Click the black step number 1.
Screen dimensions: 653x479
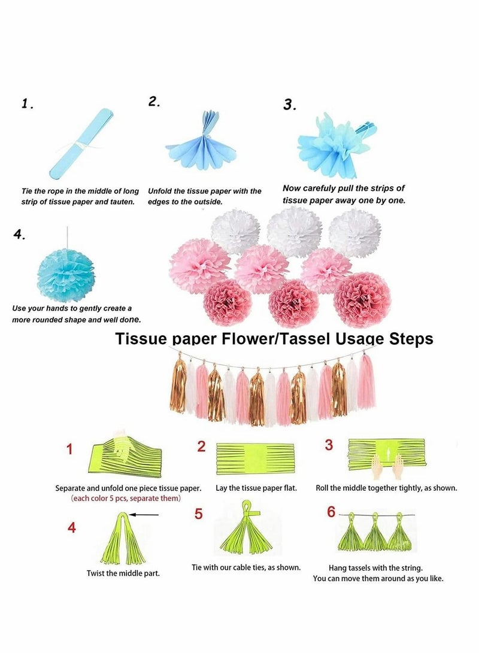(28, 104)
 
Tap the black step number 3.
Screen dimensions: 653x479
(290, 105)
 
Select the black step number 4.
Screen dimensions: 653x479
(19, 235)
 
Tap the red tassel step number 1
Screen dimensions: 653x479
(69, 449)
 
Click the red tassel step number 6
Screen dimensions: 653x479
(331, 512)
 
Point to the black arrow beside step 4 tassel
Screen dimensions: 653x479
(144, 515)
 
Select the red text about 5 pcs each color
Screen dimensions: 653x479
(126, 498)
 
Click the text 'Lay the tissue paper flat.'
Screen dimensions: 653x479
(256, 488)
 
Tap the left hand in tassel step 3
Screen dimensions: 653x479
(364, 466)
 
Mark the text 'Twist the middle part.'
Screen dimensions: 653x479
(123, 573)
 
